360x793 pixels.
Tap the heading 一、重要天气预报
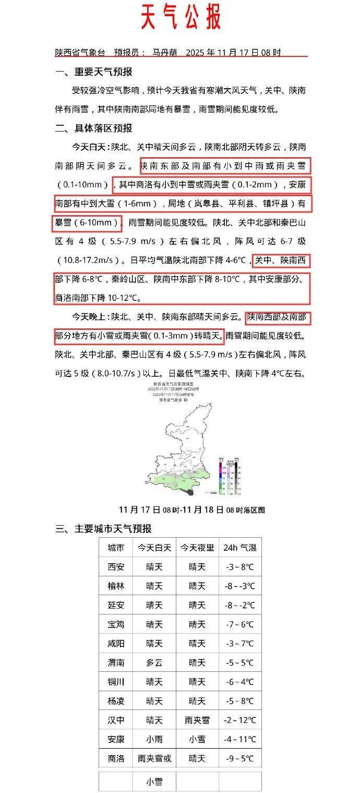pyautogui.click(x=94, y=72)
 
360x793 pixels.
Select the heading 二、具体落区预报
pyautogui.click(x=94, y=128)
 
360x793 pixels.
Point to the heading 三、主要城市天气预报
pyautogui.click(x=103, y=528)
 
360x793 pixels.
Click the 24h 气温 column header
pyautogui.click(x=239, y=548)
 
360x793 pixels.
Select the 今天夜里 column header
pyautogui.click(x=197, y=548)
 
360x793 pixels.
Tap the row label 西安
pyautogui.click(x=116, y=567)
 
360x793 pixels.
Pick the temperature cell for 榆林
pyautogui.click(x=239, y=586)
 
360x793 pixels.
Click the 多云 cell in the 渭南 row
pyautogui.click(x=154, y=662)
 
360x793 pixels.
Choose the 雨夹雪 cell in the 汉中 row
pyautogui.click(x=197, y=720)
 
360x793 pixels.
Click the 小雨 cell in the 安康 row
pyautogui.click(x=154, y=739)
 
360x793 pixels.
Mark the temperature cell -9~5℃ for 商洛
pyautogui.click(x=239, y=759)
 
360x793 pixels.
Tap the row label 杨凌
pyautogui.click(x=116, y=701)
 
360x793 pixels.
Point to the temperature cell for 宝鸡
pyautogui.click(x=239, y=624)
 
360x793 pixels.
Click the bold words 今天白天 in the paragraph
pyautogui.click(x=90, y=147)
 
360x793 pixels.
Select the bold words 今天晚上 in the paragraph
pyautogui.click(x=90, y=316)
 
